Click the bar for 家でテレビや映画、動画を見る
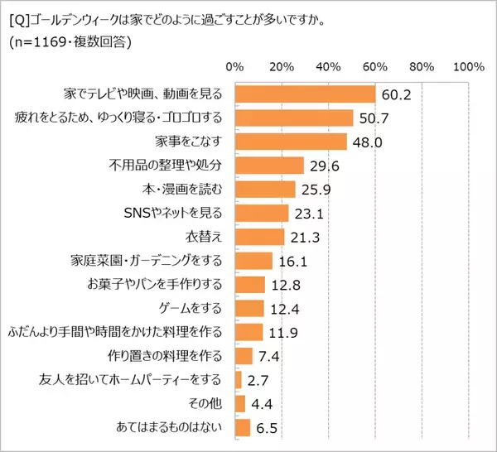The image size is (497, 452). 306,94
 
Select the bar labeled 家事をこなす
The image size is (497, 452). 291,142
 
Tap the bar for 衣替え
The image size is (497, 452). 259,238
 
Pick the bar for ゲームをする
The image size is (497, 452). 249,309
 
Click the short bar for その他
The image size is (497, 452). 240,404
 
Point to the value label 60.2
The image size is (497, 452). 396,94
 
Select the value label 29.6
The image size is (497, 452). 324,166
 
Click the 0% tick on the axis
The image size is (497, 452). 235,66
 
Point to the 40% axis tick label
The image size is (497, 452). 330,66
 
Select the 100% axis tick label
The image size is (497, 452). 468,66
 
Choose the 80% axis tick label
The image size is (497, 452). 422,66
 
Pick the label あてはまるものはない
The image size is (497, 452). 167,428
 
